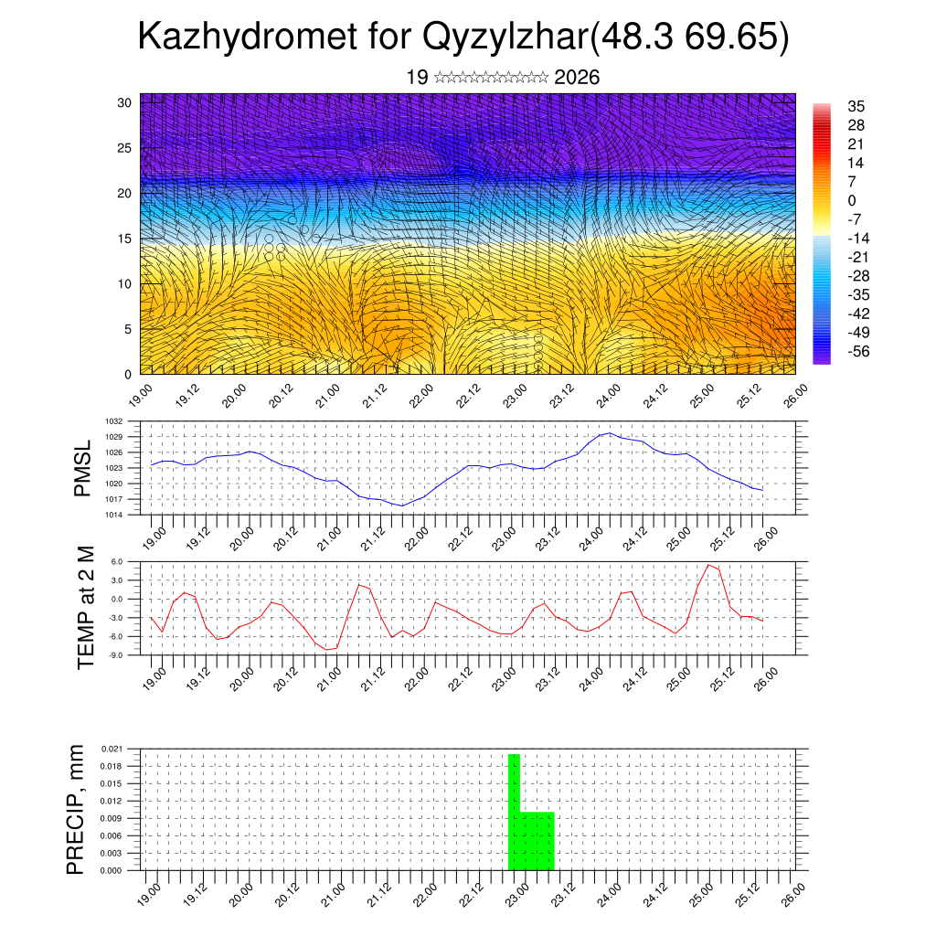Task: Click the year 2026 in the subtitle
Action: click(x=577, y=78)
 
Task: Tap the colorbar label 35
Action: click(x=856, y=106)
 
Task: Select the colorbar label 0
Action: click(x=852, y=200)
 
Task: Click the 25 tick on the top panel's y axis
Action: click(x=125, y=147)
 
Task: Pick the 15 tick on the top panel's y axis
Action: click(x=125, y=239)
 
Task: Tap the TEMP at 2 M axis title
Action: click(x=86, y=608)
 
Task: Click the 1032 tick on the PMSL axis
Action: click(x=112, y=421)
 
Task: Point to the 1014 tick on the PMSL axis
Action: click(x=112, y=515)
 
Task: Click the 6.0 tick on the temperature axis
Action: click(x=116, y=562)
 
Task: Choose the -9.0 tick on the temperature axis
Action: click(x=115, y=655)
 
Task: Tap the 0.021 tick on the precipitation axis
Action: click(x=111, y=749)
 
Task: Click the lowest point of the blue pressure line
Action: click(x=400, y=505)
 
